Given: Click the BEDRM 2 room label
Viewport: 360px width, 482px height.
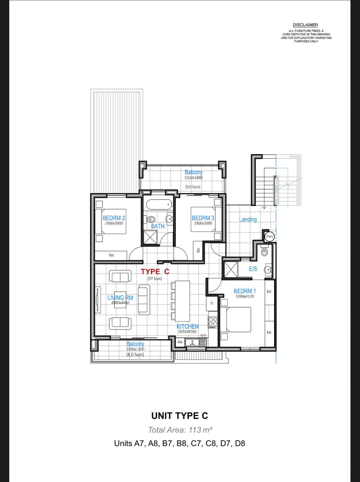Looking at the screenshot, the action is pyautogui.click(x=114, y=218).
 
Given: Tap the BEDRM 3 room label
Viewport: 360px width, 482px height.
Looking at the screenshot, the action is pyautogui.click(x=203, y=218).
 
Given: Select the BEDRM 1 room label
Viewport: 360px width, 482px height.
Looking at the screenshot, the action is pyautogui.click(x=245, y=291).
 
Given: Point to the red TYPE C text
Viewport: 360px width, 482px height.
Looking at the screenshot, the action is pyautogui.click(x=155, y=271).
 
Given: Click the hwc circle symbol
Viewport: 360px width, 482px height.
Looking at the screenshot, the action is pyautogui.click(x=269, y=236).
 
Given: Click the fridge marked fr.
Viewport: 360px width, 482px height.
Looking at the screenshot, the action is pyautogui.click(x=212, y=303).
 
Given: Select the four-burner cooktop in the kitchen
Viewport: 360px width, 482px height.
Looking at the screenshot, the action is pyautogui.click(x=213, y=322).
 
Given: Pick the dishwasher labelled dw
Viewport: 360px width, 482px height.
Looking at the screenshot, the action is pyautogui.click(x=180, y=342).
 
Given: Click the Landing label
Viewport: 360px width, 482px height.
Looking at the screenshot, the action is pyautogui.click(x=248, y=219).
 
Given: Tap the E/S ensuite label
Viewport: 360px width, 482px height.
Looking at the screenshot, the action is pyautogui.click(x=253, y=269).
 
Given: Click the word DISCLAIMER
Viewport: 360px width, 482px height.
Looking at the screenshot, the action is pyautogui.click(x=305, y=25).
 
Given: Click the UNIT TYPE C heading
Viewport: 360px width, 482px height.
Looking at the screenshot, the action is pyautogui.click(x=180, y=416).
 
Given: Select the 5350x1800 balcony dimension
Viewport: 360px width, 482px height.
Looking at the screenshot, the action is pyautogui.click(x=193, y=178).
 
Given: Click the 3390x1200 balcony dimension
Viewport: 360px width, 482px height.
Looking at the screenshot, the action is pyautogui.click(x=135, y=349).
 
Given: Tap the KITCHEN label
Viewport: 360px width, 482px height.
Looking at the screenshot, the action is pyautogui.click(x=188, y=326).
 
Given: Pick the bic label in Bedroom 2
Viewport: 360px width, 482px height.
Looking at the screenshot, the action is pyautogui.click(x=112, y=255).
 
